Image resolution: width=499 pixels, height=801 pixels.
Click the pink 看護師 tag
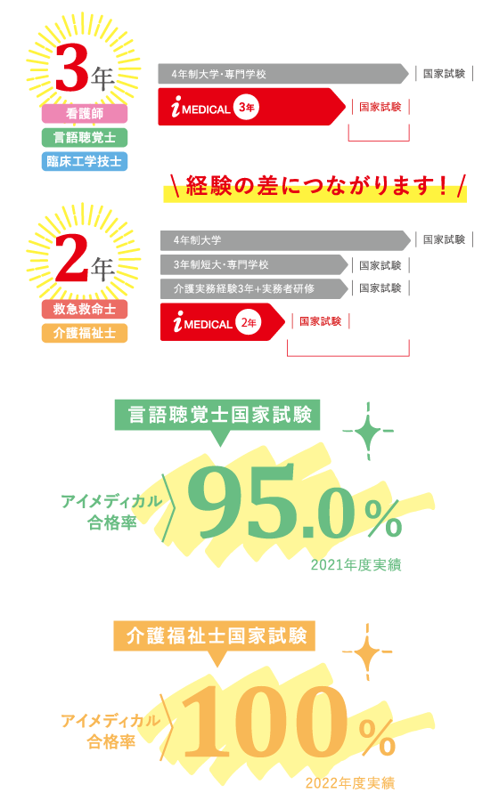85,113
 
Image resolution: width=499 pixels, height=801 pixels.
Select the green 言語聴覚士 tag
85,137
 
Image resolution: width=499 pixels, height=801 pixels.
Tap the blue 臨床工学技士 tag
85,161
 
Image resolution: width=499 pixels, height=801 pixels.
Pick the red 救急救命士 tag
85,309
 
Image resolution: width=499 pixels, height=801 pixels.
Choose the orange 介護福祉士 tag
85,333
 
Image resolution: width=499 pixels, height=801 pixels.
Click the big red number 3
72,68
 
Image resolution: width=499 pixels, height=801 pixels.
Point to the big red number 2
72,258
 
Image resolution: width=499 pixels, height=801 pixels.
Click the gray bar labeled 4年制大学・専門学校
283,74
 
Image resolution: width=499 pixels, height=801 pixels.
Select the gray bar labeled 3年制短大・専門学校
254,264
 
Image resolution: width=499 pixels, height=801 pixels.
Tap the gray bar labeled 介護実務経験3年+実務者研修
254,288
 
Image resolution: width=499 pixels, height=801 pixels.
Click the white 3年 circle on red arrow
247,108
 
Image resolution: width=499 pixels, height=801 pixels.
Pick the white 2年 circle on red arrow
249,322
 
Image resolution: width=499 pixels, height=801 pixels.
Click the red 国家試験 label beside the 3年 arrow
380,107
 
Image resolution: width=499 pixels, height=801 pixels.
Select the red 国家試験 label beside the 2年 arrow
321,321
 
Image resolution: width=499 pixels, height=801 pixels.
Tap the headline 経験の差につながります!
317,186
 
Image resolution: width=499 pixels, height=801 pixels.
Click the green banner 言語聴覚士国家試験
217,415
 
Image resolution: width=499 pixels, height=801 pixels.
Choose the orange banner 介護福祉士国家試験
215,636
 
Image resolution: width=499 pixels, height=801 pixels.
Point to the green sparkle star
368,431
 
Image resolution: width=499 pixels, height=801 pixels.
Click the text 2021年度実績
356,565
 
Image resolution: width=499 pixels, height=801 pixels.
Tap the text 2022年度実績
350,783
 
